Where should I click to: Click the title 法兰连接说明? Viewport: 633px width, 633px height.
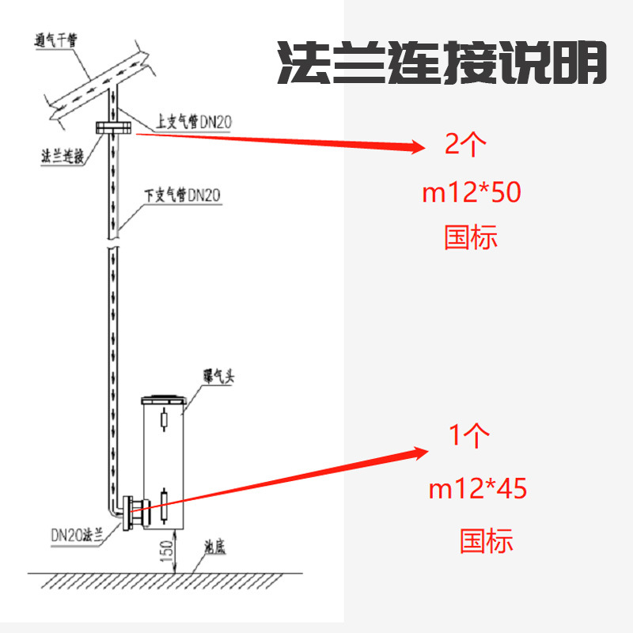tap(442, 63)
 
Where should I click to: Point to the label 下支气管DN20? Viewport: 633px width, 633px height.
tap(183, 194)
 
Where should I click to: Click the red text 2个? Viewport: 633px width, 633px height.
tap(466, 144)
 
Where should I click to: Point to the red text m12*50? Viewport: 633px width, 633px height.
tap(472, 192)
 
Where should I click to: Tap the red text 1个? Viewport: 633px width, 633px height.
tap(469, 435)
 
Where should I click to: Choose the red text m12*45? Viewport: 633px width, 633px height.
tap(477, 489)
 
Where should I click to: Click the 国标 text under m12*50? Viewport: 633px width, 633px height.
tap(471, 237)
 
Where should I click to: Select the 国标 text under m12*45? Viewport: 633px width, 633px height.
tap(487, 541)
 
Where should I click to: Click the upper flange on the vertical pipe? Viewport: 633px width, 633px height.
tap(112, 128)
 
